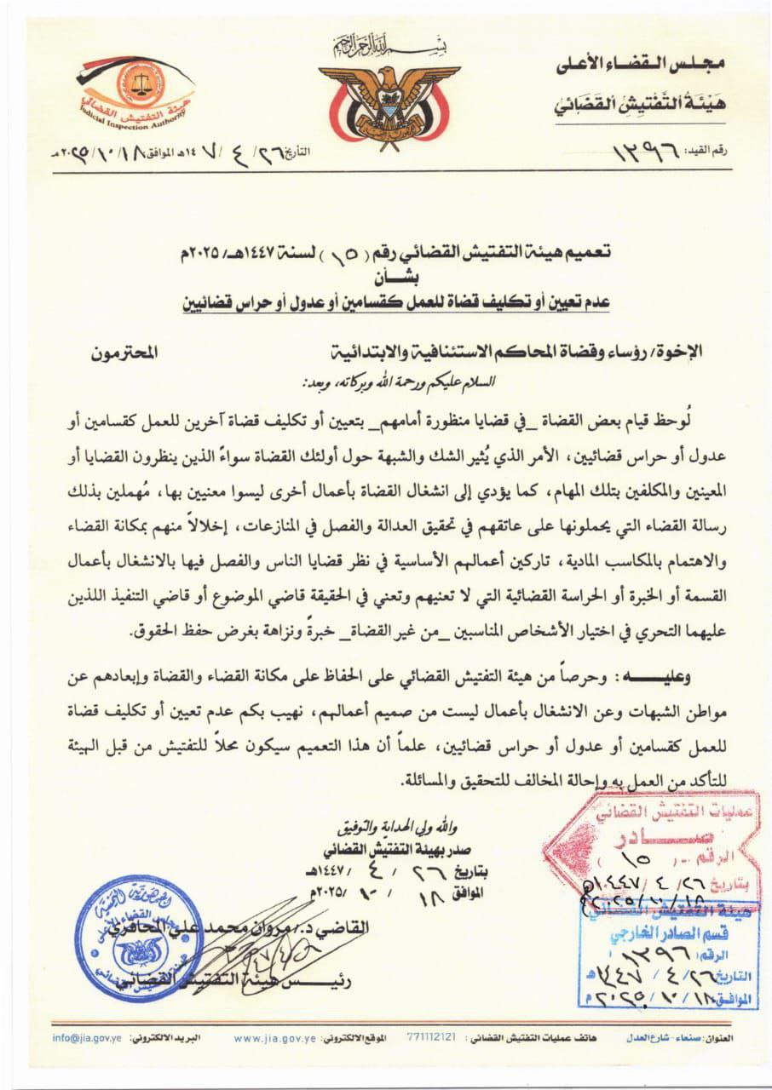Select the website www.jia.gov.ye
click(274, 1039)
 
